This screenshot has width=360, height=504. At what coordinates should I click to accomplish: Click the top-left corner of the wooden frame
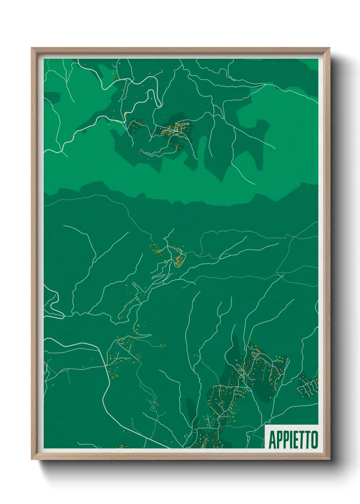coord(32,48)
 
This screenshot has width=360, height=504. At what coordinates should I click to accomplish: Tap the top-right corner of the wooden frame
coord(329,48)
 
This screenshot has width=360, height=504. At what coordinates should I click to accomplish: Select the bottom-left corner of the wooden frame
coord(32,459)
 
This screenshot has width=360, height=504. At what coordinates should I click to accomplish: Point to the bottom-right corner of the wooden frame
coord(329,459)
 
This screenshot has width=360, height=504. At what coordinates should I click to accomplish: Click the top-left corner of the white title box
coord(265,425)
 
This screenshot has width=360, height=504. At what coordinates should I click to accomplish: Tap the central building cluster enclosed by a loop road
coord(179,260)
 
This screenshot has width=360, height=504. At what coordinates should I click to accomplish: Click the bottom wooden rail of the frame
coord(180,456)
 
